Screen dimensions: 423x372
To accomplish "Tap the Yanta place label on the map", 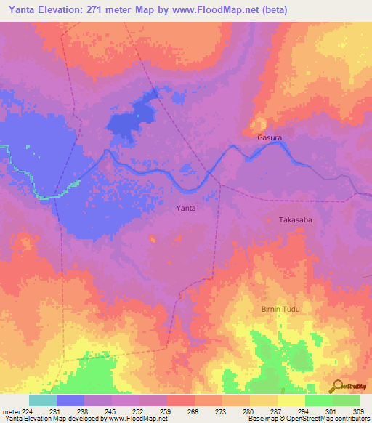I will (x=187, y=208).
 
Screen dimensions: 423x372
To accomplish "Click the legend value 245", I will (x=111, y=412).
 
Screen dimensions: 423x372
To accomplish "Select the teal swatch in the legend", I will (x=43, y=400).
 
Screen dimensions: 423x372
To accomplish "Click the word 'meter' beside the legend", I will (x=11, y=412).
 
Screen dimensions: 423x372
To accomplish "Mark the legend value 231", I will (x=56, y=412).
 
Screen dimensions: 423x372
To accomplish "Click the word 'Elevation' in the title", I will (x=63, y=10).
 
